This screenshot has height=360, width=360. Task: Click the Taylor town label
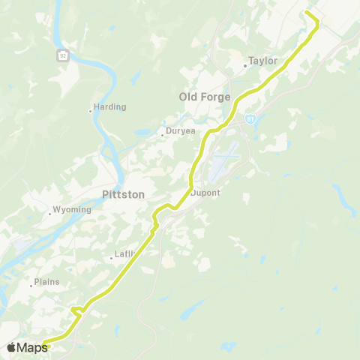point(263,61)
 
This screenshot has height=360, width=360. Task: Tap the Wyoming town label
point(73,210)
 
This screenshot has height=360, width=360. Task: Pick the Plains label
point(47,283)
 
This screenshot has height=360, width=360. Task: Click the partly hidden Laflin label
point(124,254)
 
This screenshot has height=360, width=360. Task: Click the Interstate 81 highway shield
point(248,117)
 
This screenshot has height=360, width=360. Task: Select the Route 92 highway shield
point(63,55)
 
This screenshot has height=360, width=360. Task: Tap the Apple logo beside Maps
point(11,347)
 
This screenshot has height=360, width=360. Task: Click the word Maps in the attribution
point(32,347)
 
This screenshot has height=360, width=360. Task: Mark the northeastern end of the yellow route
point(307,13)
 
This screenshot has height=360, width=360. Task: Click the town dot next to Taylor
point(245,65)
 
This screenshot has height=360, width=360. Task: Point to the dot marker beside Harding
point(90,111)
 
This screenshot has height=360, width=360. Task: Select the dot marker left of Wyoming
point(49,214)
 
